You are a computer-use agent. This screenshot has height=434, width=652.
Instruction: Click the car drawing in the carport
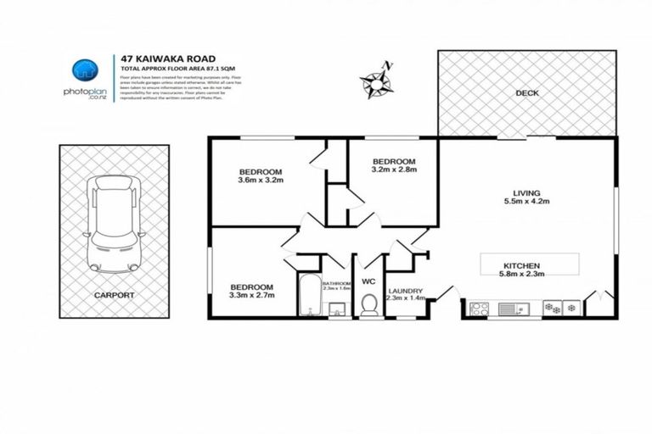115,222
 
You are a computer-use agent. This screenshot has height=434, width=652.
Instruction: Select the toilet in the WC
369,303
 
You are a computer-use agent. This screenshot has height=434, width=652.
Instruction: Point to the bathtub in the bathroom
308,297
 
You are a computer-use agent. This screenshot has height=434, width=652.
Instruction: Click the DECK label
526,93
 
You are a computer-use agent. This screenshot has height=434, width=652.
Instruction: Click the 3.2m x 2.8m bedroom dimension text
394,170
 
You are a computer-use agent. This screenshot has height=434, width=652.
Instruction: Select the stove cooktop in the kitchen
477,308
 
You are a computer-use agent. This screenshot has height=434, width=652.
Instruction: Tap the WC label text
368,281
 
